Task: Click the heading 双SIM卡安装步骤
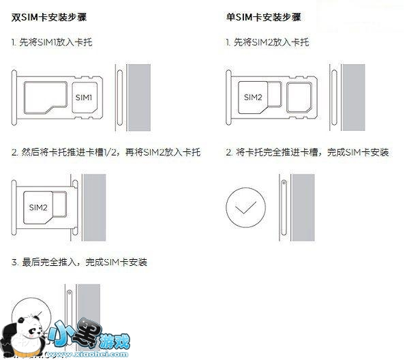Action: pyautogui.click(x=49, y=17)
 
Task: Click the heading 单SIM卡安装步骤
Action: pyautogui.click(x=264, y=17)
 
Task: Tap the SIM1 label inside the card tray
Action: pyautogui.click(x=84, y=97)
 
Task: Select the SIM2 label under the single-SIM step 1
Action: pyautogui.click(x=253, y=97)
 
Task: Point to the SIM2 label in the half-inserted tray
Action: pyautogui.click(x=38, y=208)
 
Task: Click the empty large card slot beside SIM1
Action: pyautogui.click(x=46, y=97)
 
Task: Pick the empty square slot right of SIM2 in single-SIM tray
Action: pyautogui.click(x=299, y=97)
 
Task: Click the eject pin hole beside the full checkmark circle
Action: pyautogui.click(x=284, y=183)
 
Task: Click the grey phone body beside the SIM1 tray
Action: pyautogui.click(x=139, y=97)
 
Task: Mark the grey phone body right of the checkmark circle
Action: pyautogui.click(x=303, y=208)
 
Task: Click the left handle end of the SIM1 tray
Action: pyautogui.click(x=14, y=97)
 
